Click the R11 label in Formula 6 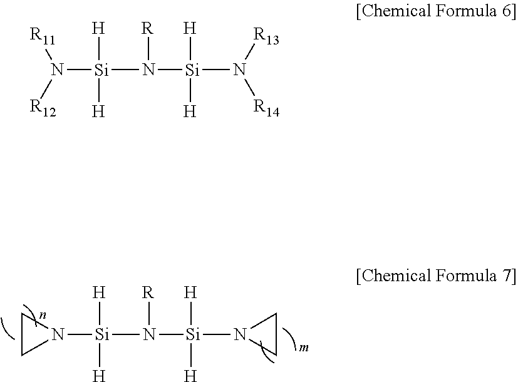(x=43, y=37)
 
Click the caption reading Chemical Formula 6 (x=435, y=13)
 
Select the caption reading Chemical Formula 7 (x=435, y=276)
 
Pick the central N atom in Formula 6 (x=148, y=70)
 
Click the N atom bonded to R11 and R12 (x=58, y=70)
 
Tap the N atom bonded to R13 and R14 (x=239, y=70)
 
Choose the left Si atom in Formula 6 (x=102, y=70)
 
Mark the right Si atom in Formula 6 (x=192, y=70)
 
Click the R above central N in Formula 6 (x=148, y=29)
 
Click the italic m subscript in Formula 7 (x=304, y=346)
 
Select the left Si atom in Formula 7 (x=102, y=335)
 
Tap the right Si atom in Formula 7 (x=192, y=335)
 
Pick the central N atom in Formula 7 (x=148, y=335)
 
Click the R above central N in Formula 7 (x=148, y=293)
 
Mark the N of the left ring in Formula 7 (x=58, y=335)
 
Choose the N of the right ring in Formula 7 (x=239, y=335)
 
